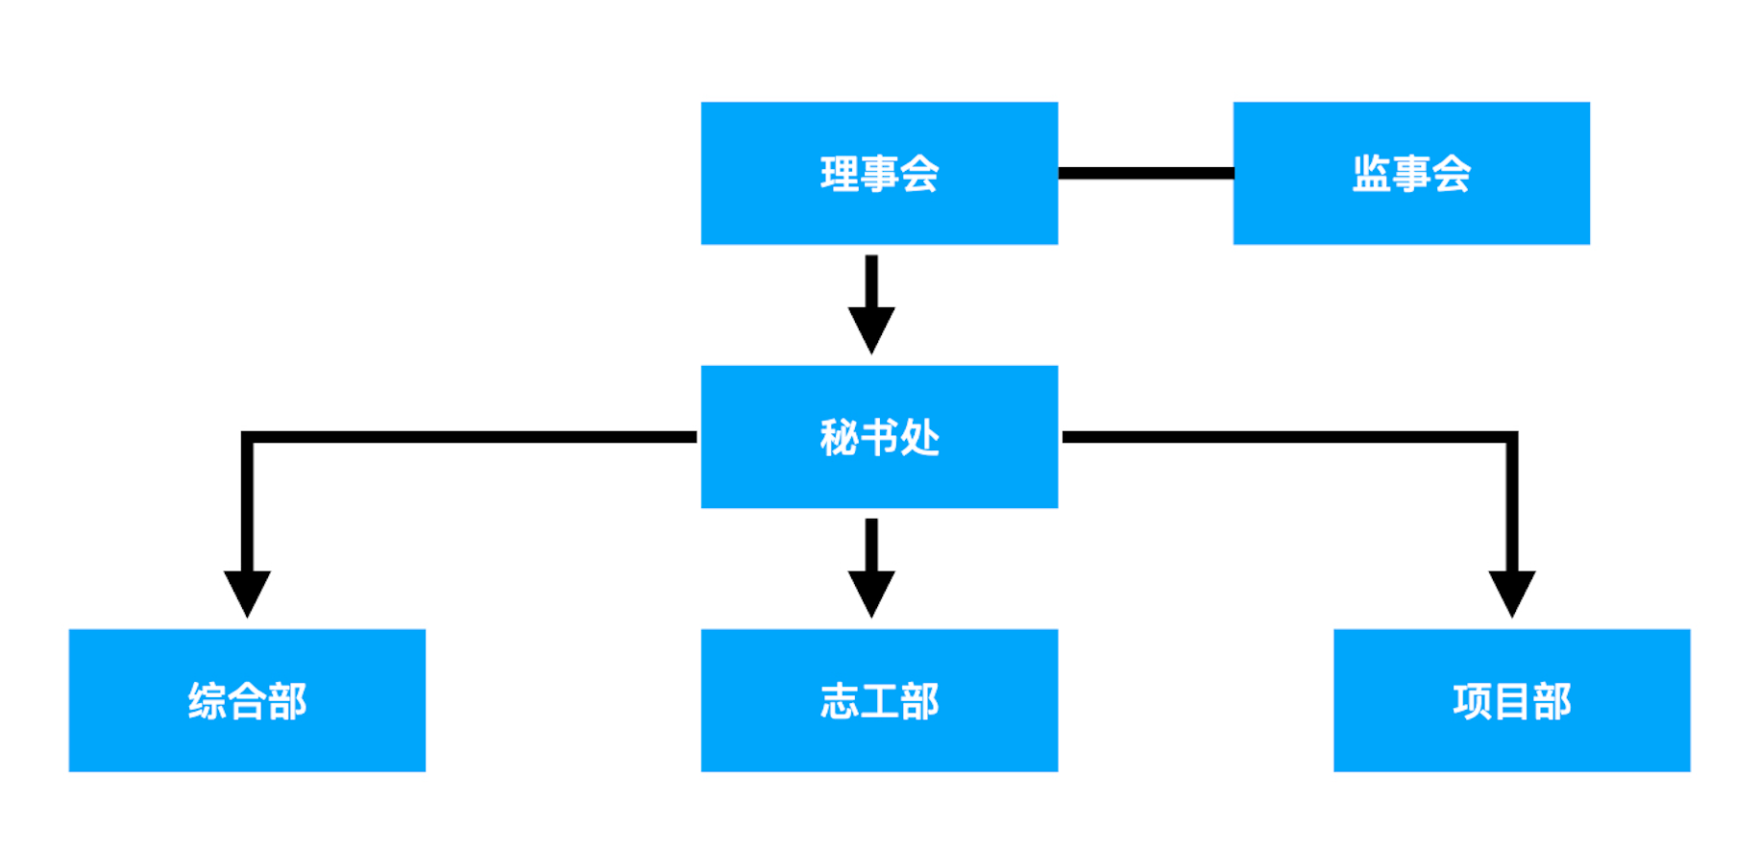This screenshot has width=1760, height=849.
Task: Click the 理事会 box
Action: pyautogui.click(x=879, y=173)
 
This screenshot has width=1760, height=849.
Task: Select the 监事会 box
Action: pyautogui.click(x=1411, y=173)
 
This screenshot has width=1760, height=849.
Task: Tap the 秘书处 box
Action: pyautogui.click(x=879, y=437)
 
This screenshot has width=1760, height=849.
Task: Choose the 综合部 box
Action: pyautogui.click(x=247, y=700)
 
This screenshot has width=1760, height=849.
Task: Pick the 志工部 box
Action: pyautogui.click(x=879, y=700)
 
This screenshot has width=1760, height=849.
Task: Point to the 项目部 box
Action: pyautogui.click(x=1512, y=700)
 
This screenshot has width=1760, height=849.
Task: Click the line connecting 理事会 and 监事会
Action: pyautogui.click(x=1145, y=173)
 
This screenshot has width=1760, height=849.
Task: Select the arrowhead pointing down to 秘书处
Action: pyautogui.click(x=871, y=329)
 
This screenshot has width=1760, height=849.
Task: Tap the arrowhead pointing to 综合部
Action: pyautogui.click(x=247, y=594)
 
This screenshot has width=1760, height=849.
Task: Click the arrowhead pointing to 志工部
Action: pyautogui.click(x=871, y=594)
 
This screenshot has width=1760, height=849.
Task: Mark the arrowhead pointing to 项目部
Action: pyautogui.click(x=1512, y=594)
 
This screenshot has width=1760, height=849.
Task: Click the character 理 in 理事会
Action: pyautogui.click(x=840, y=174)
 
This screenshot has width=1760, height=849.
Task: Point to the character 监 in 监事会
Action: pyautogui.click(x=1372, y=174)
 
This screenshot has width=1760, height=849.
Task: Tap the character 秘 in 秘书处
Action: pyautogui.click(x=840, y=438)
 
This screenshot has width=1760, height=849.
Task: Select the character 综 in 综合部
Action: pyautogui.click(x=208, y=701)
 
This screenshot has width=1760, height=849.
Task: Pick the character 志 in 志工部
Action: pyautogui.click(x=840, y=701)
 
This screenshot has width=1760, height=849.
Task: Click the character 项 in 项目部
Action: pyautogui.click(x=1473, y=701)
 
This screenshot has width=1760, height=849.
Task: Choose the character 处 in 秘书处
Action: pyautogui.click(x=919, y=438)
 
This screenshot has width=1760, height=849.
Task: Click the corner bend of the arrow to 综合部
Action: pyautogui.click(x=247, y=437)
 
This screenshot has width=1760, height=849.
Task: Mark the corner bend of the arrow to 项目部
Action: pyautogui.click(x=1512, y=437)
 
